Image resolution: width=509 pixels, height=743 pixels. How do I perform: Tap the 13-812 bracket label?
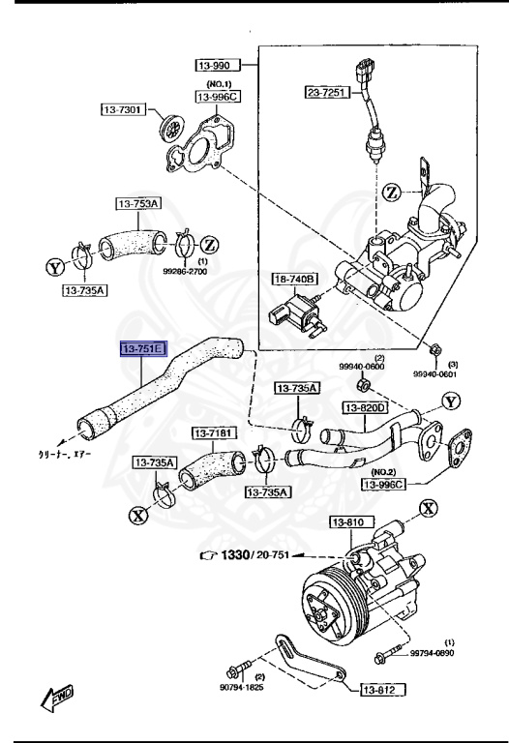383,690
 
